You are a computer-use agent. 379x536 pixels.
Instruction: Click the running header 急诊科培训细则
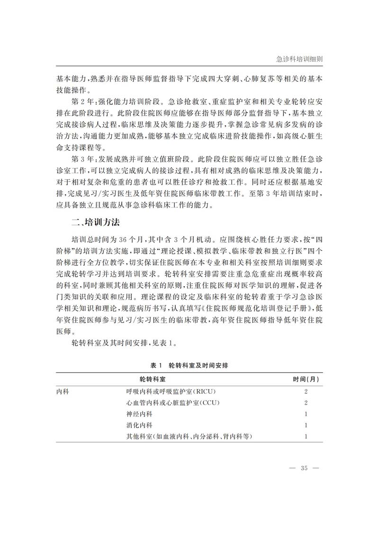tap(299, 60)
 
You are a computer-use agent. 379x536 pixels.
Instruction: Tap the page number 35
tap(304, 468)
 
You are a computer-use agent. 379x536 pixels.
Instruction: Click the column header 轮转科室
tap(153, 379)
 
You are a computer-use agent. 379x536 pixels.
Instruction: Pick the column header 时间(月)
tap(306, 379)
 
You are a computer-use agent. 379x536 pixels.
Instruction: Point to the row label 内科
tap(63, 392)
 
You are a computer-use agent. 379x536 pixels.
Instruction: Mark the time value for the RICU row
tap(307, 392)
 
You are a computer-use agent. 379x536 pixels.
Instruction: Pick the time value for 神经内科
tap(307, 414)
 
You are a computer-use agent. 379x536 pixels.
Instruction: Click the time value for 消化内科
tap(307, 425)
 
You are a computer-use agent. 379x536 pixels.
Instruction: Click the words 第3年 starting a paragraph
tap(81, 158)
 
